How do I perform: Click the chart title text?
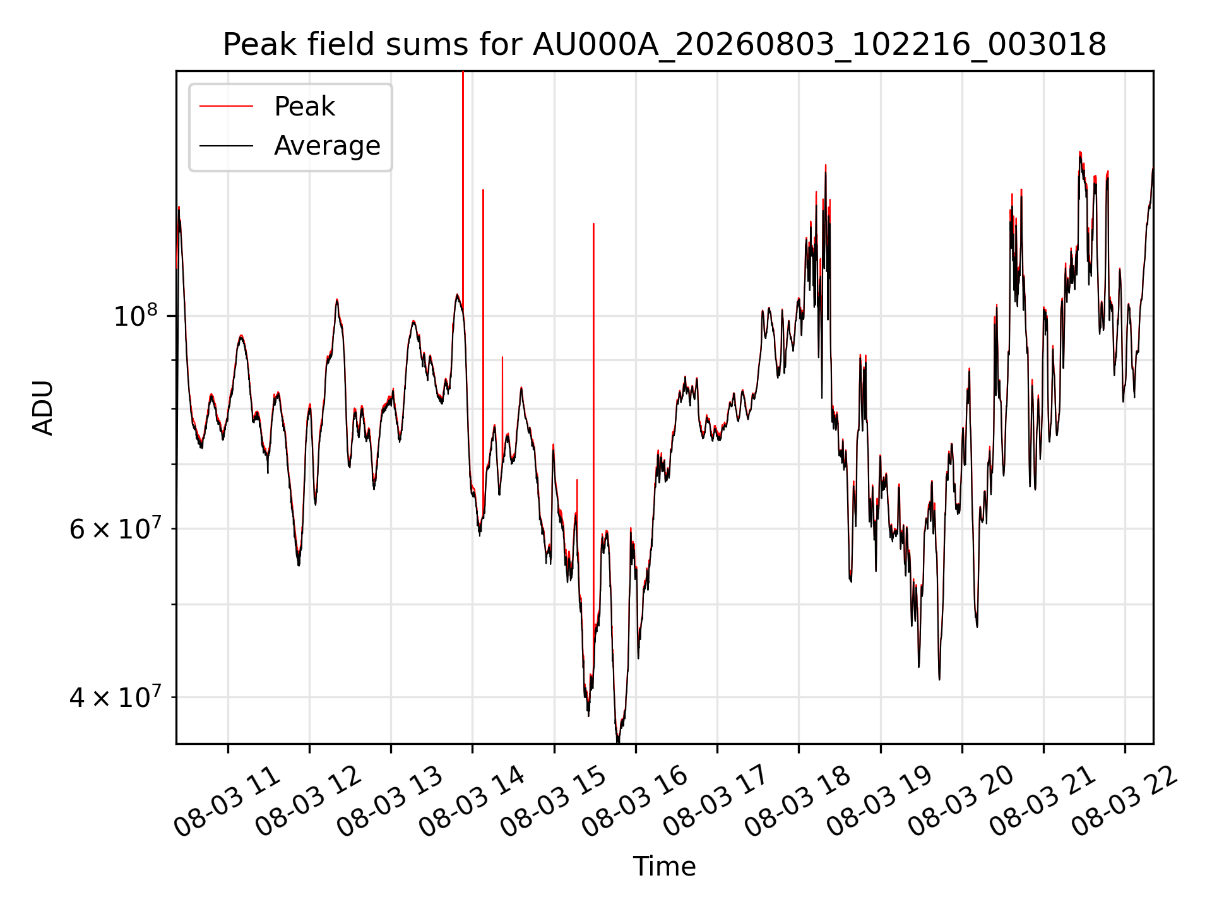(x=665, y=45)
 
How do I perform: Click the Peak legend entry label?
(x=304, y=107)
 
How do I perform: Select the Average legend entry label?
(x=327, y=146)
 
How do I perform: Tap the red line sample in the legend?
(x=226, y=107)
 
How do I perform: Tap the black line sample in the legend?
(x=226, y=146)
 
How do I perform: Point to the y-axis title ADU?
(x=43, y=408)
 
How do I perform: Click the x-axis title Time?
(x=665, y=867)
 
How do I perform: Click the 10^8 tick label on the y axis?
(x=135, y=315)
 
